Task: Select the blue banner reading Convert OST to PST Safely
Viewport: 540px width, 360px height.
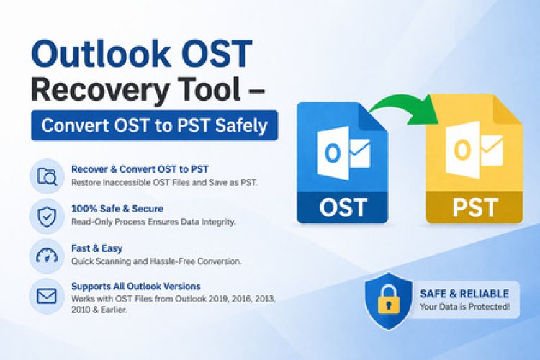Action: pyautogui.click(x=154, y=125)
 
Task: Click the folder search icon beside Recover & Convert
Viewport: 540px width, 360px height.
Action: pyautogui.click(x=46, y=176)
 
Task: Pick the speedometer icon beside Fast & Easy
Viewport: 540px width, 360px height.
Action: pyautogui.click(x=46, y=255)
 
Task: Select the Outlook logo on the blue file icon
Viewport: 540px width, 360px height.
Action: pyautogui.click(x=343, y=153)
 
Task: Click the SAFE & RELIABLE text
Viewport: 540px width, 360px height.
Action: pyautogui.click(x=464, y=294)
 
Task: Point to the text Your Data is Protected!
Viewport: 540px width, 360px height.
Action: pyautogui.click(x=464, y=307)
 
